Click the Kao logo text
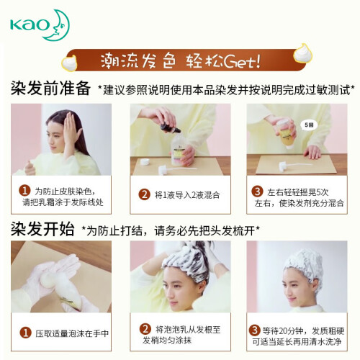(30, 25)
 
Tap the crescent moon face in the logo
(58, 25)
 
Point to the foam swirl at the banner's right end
(302, 53)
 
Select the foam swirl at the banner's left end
(69, 63)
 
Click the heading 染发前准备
(50, 88)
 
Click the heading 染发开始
(42, 229)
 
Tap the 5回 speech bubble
(309, 125)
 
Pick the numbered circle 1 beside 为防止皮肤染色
(24, 191)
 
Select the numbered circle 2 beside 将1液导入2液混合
(144, 194)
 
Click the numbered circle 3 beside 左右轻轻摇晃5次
(257, 192)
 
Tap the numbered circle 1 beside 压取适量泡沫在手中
(25, 333)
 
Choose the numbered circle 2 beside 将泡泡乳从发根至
(145, 329)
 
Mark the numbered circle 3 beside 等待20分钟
(254, 330)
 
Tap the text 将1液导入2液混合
(187, 195)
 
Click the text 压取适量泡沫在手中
(72, 333)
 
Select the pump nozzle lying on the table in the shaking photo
(296, 166)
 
